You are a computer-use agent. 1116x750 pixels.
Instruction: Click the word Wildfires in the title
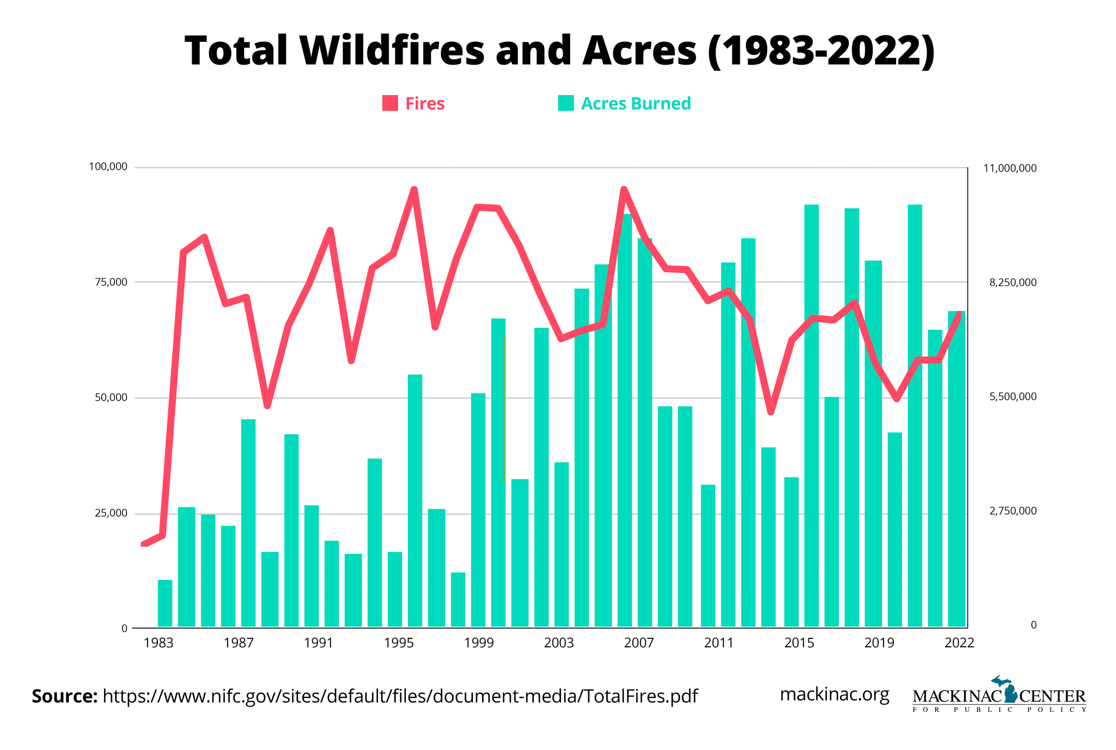click(x=392, y=51)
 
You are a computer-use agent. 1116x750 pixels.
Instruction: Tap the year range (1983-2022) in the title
click(x=821, y=51)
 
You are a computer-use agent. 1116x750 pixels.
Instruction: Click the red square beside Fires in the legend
click(x=390, y=103)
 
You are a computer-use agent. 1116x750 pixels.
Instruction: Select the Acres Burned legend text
click(x=636, y=103)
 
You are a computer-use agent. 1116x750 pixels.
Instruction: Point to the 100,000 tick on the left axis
click(x=108, y=167)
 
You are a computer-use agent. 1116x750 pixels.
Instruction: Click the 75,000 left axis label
click(x=111, y=282)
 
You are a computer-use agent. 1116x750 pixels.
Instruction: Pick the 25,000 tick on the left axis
click(x=111, y=513)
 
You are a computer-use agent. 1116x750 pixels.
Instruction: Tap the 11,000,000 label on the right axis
click(x=1010, y=168)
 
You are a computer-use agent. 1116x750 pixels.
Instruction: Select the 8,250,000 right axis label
click(x=1013, y=283)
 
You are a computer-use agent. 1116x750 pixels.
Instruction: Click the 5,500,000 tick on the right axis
click(x=1013, y=397)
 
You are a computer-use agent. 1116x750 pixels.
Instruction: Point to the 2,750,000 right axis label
click(x=1013, y=511)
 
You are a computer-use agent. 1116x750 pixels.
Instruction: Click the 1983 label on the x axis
click(x=159, y=643)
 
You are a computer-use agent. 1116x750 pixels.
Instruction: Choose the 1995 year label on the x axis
click(x=399, y=643)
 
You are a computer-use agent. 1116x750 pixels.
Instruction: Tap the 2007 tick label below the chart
click(x=638, y=643)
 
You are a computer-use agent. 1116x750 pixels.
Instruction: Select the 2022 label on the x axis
click(x=959, y=643)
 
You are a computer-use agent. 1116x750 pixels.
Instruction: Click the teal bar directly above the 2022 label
click(x=956, y=469)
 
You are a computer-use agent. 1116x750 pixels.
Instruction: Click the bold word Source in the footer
click(x=64, y=697)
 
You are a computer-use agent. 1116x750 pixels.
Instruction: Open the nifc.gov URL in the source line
click(x=400, y=697)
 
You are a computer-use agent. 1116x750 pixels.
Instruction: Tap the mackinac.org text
click(x=834, y=695)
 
